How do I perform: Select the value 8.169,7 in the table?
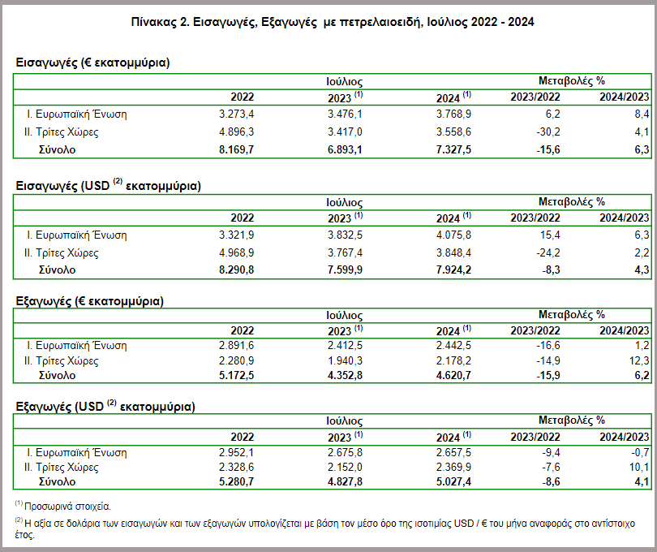(x=236, y=149)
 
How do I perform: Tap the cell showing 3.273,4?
(x=236, y=114)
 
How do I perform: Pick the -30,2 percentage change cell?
(x=548, y=132)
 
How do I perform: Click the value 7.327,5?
(x=453, y=149)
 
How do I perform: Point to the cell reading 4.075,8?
(x=453, y=235)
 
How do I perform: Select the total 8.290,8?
(x=236, y=270)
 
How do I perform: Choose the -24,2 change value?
(x=548, y=253)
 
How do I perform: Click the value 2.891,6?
(x=236, y=346)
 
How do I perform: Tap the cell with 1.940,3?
(x=345, y=360)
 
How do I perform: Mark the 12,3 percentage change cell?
(x=639, y=360)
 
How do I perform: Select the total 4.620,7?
(x=453, y=375)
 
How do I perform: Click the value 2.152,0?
(x=345, y=468)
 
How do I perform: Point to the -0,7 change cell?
(x=639, y=453)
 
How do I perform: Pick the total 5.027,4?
(x=453, y=481)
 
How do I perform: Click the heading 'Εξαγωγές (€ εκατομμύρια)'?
(x=90, y=302)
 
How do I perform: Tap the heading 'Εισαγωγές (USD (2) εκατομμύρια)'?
(x=108, y=185)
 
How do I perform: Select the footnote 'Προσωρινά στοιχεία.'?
(x=67, y=507)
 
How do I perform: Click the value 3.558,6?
(x=453, y=132)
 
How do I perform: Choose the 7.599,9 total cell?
(x=345, y=270)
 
